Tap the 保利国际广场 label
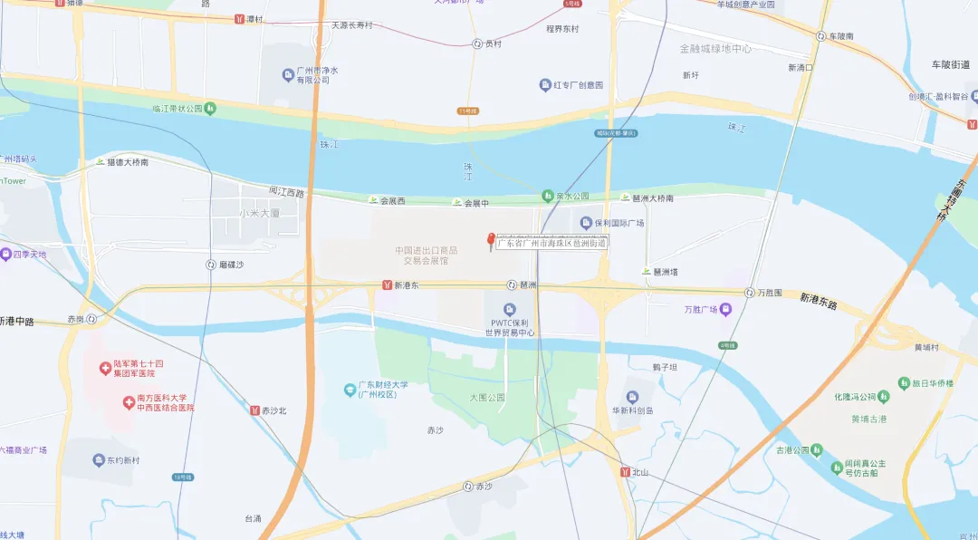[619, 223]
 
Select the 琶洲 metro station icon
[512, 285]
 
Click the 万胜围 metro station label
[769, 293]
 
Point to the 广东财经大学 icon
[350, 390]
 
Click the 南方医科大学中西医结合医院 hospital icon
[129, 399]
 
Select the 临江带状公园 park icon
[210, 109]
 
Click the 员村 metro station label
[493, 43]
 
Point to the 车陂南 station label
[840, 36]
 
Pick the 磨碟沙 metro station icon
[211, 265]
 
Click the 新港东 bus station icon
[387, 285]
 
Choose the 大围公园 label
[488, 397]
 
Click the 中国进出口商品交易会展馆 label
[425, 256]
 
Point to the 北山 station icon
[625, 472]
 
